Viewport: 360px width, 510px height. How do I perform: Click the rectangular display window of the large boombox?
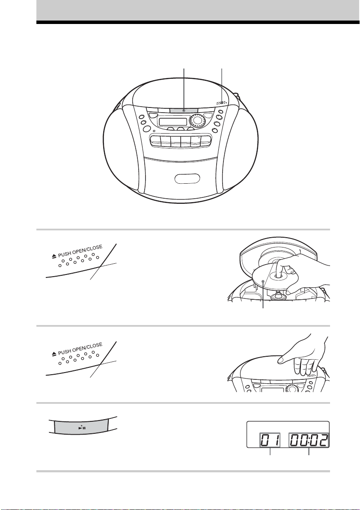(173, 122)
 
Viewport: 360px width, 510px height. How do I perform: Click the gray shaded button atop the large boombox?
(184, 111)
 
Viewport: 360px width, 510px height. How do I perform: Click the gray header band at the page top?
(198, 10)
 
